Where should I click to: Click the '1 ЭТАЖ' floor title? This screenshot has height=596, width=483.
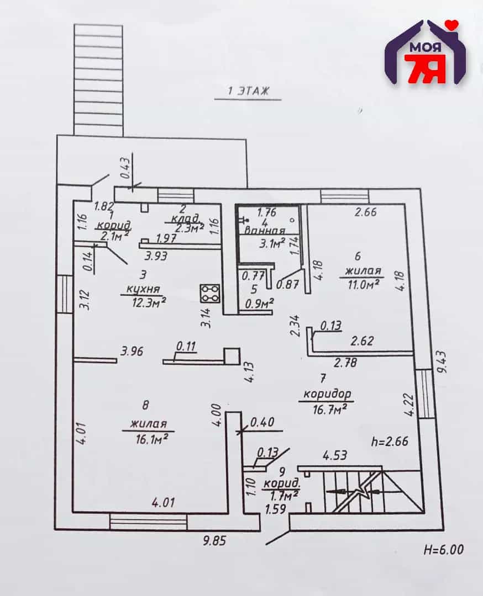(248, 91)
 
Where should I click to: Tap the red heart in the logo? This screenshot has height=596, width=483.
(452, 25)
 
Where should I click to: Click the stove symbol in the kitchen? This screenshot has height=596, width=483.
(209, 294)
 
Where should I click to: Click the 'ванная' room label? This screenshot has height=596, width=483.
(265, 230)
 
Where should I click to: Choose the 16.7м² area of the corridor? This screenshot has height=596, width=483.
(329, 409)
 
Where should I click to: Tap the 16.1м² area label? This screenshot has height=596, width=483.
(152, 439)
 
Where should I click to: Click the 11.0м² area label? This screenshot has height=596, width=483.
(363, 284)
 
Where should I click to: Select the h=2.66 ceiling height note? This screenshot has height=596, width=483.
(390, 441)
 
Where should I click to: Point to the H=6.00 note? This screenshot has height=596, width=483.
(443, 549)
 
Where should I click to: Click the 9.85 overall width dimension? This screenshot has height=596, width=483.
(214, 540)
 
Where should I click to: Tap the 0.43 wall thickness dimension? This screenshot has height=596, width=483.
(125, 168)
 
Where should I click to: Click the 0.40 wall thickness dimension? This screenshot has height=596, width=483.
(262, 422)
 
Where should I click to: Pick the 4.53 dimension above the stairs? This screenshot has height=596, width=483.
(335, 455)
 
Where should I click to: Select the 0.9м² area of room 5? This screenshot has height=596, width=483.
(260, 304)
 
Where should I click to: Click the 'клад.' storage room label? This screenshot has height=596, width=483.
(185, 219)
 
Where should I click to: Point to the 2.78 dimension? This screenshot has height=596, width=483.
(345, 362)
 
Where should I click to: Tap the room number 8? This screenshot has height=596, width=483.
(145, 406)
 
